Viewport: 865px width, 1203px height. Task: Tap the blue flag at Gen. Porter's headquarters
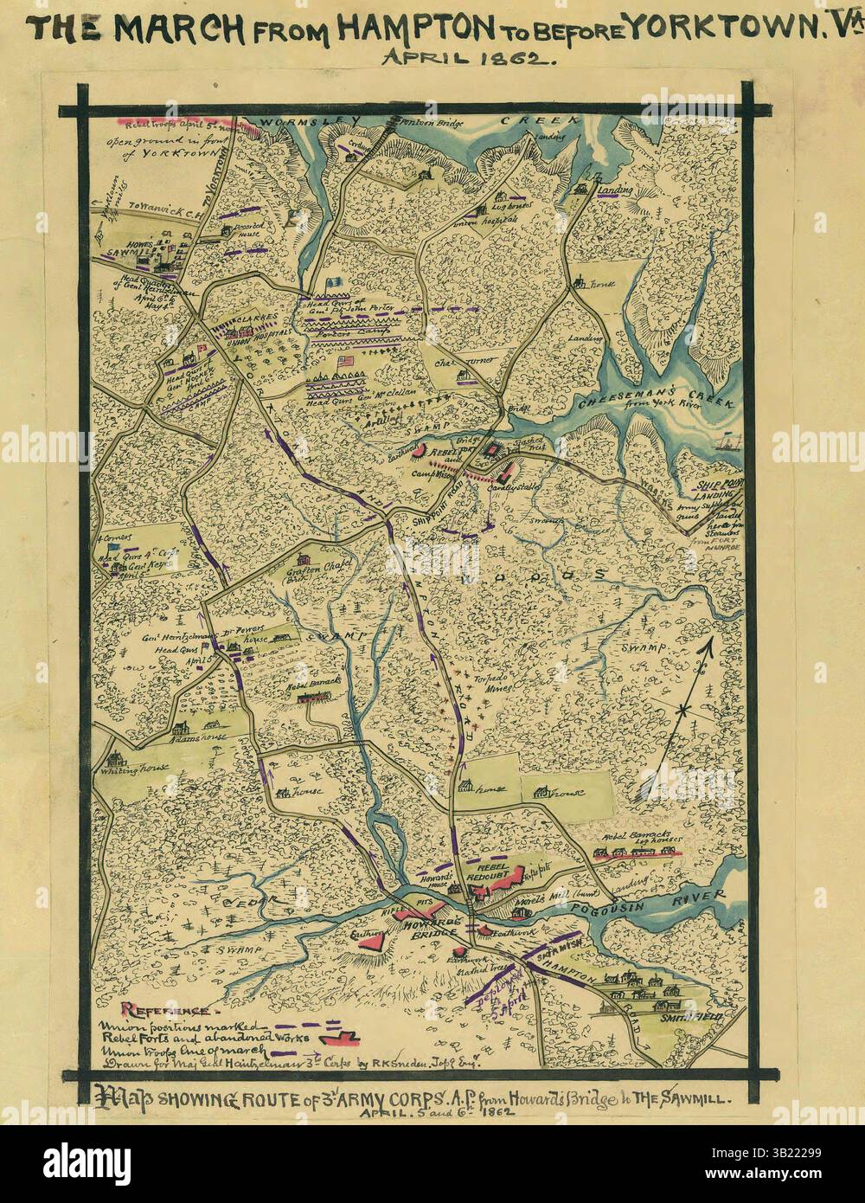tap(333, 283)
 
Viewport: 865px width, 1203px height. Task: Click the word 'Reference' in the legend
tap(170, 1010)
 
